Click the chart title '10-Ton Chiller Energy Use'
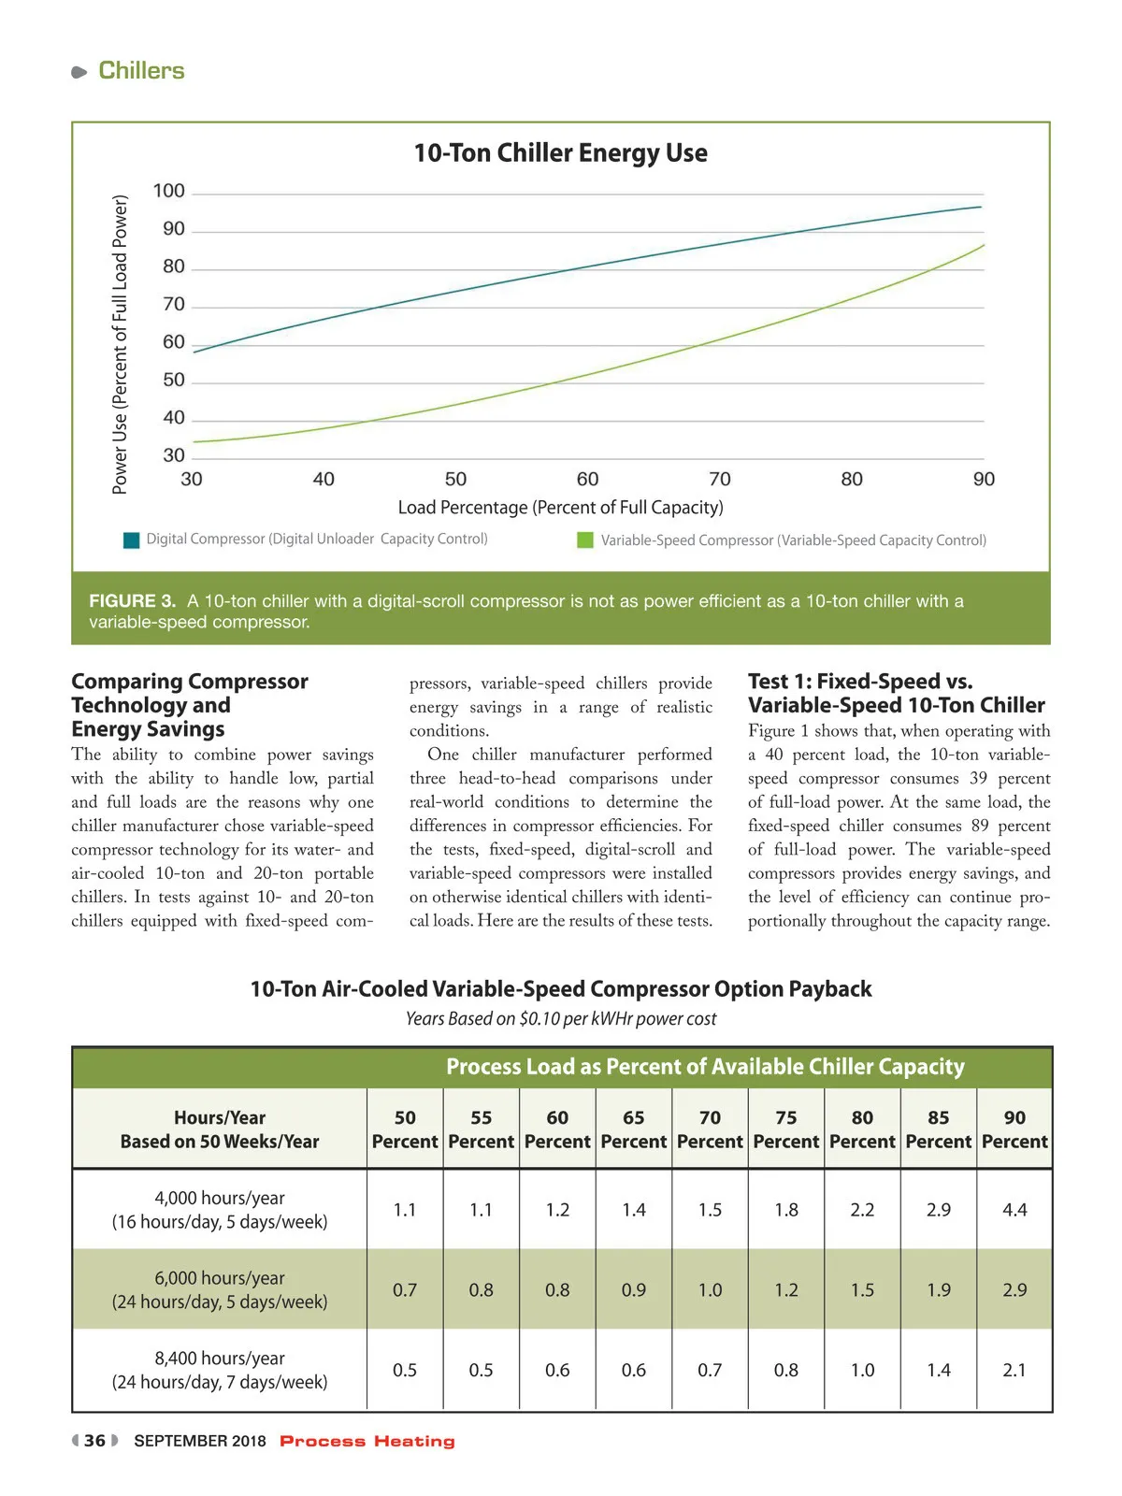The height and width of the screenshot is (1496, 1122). click(x=560, y=152)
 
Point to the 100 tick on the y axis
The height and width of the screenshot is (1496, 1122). click(x=169, y=192)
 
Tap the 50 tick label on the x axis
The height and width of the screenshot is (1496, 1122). click(x=455, y=480)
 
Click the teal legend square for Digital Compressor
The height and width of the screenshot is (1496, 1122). click(x=132, y=540)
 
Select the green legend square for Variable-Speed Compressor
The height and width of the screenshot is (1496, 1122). click(x=585, y=540)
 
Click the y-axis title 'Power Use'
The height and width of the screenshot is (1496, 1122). click(x=120, y=344)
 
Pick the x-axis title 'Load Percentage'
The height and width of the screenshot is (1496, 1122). click(x=560, y=508)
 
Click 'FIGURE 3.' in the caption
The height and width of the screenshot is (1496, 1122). click(x=132, y=601)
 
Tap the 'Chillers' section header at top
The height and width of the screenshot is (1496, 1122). click(x=141, y=71)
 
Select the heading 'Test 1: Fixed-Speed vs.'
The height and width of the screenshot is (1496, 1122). click(x=859, y=682)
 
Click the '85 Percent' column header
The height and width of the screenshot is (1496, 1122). click(x=938, y=1129)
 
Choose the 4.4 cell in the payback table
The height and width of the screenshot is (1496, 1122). click(x=1014, y=1210)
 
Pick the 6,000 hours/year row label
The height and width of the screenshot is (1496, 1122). click(x=220, y=1289)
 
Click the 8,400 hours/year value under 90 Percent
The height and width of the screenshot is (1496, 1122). click(x=1014, y=1370)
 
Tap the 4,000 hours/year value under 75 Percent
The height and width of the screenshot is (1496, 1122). click(x=786, y=1210)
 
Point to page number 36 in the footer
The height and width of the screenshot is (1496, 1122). click(x=94, y=1441)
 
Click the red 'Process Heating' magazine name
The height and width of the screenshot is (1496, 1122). click(x=367, y=1441)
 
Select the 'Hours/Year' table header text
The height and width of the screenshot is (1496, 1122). click(x=220, y=1118)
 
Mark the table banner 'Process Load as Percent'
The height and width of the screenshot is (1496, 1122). click(x=705, y=1067)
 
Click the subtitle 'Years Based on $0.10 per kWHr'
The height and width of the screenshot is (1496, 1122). click(x=560, y=1018)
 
